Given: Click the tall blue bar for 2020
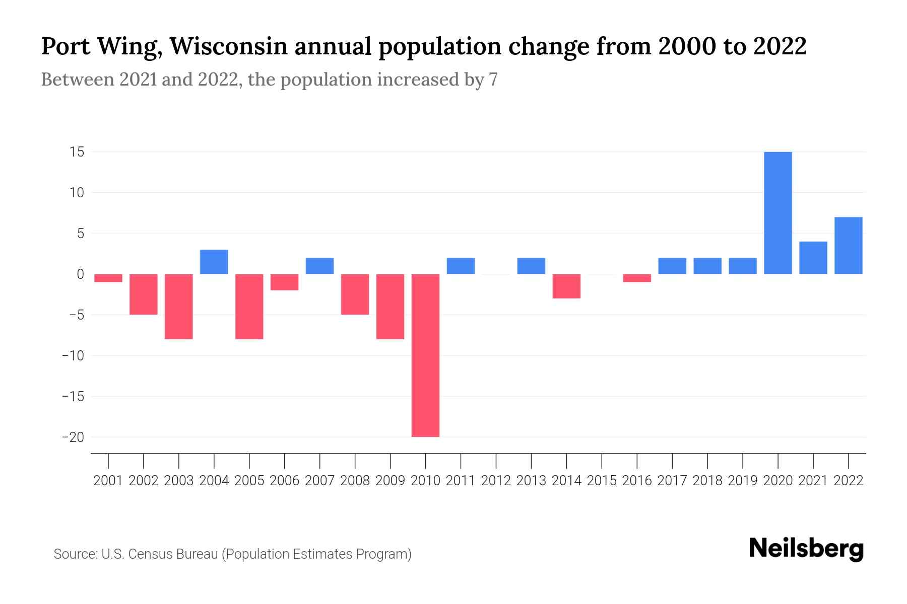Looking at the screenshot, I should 778,213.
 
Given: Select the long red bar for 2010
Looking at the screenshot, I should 425,355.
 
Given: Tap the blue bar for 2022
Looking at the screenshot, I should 848,246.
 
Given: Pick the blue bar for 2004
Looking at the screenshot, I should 214,262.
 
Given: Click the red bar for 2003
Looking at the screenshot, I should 179,307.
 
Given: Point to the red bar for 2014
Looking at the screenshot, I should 566,286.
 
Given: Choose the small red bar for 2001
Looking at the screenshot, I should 108,278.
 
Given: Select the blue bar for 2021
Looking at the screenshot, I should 813,258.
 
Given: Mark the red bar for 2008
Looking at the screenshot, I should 355,294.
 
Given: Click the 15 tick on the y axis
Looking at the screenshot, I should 77,152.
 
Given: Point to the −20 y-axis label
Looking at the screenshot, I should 73,437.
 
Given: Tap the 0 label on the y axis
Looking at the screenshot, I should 80,274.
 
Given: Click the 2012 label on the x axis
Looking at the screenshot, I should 496,481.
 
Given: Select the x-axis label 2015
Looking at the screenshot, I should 602,481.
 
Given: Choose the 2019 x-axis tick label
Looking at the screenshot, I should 742,481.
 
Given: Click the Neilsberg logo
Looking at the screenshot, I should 806,549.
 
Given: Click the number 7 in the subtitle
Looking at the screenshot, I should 493,80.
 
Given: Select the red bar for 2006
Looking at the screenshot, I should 285,282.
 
